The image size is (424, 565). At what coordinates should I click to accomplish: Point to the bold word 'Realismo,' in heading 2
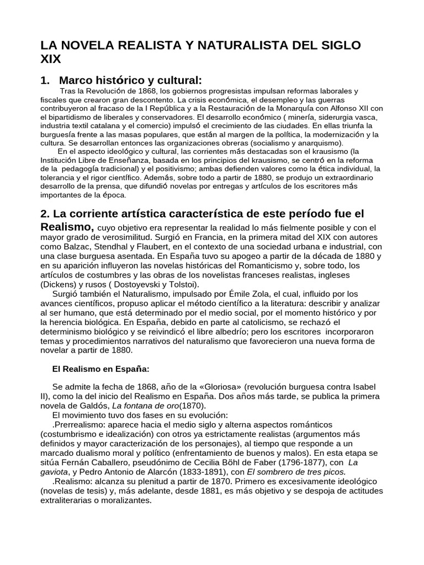(x=67, y=227)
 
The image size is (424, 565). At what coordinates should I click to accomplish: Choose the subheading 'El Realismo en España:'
(x=101, y=368)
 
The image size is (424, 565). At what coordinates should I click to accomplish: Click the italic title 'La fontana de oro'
(x=146, y=406)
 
